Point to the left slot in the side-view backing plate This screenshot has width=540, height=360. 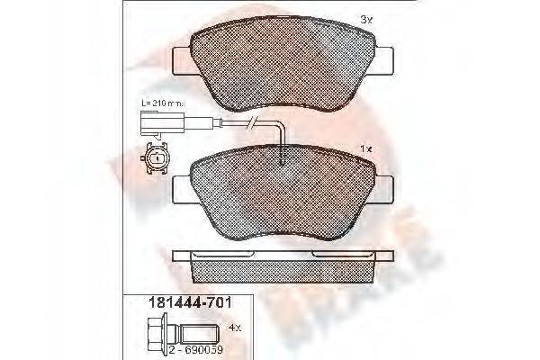pos(220,256)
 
